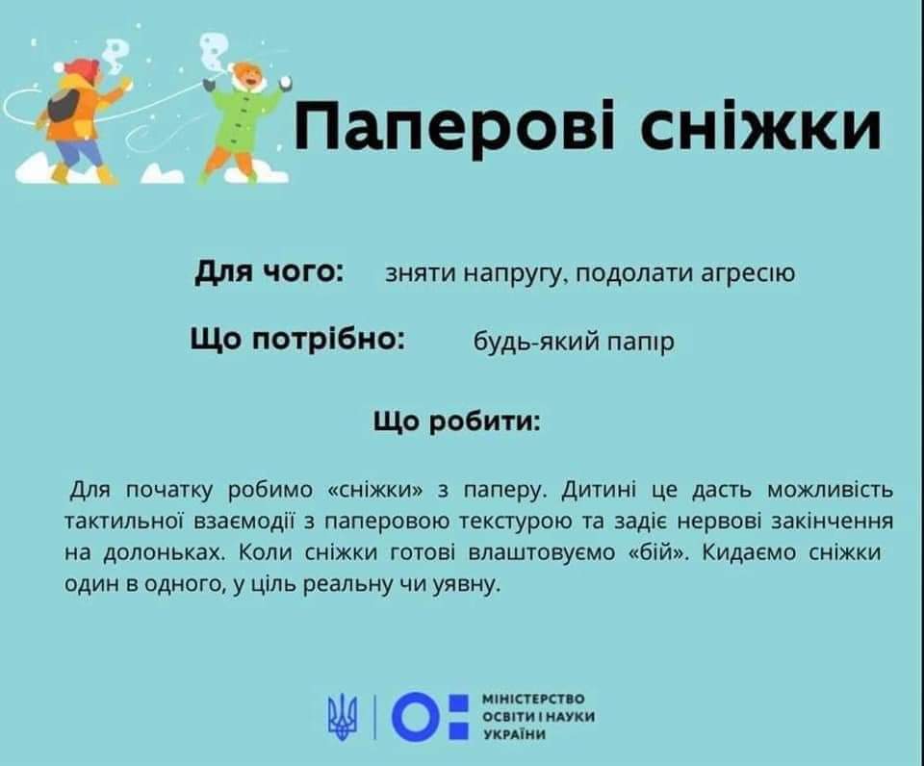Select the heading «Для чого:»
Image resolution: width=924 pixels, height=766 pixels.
click(269, 272)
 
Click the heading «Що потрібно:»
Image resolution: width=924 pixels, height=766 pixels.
click(298, 340)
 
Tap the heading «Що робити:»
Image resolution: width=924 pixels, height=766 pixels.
click(456, 421)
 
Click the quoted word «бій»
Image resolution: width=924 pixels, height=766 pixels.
click(655, 553)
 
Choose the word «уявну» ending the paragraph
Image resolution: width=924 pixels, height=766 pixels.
click(467, 584)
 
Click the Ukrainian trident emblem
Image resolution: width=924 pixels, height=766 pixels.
click(343, 716)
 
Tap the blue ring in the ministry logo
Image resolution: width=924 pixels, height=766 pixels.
click(417, 716)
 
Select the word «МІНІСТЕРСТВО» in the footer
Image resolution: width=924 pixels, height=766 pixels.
click(534, 699)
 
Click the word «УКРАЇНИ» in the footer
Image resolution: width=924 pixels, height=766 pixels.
click(514, 734)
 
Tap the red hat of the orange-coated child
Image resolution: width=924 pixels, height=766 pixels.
click(77, 67)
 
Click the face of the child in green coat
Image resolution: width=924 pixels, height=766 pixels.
click(246, 76)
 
